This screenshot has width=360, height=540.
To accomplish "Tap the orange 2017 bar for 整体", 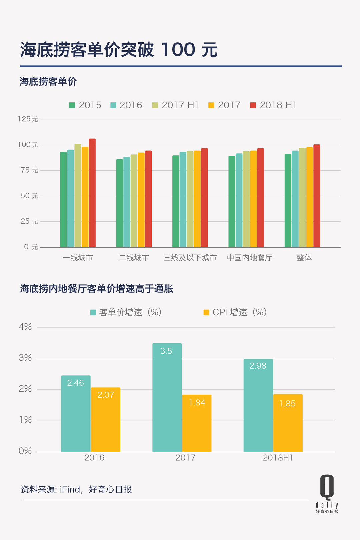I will coord(309,197).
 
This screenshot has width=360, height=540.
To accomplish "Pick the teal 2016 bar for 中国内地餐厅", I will coord(239,200).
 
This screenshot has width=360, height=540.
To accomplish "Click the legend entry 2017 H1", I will coord(176,105).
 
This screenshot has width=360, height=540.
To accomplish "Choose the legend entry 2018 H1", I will coord(273,105).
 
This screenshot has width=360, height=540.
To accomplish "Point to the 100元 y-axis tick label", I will coord(28,145).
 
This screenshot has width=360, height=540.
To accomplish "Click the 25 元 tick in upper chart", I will coord(29,221).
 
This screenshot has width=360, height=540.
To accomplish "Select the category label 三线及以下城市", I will coord(190,258).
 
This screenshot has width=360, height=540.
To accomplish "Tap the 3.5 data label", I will coord(166,351).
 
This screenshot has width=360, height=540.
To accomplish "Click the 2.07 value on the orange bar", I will coord(106,395).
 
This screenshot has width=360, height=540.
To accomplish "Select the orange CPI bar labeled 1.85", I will coord(288,423).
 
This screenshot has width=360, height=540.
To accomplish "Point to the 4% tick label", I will coord(25,327).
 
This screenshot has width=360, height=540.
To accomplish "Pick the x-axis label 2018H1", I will coord(278,458).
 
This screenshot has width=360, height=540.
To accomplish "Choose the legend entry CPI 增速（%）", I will coord(235,312).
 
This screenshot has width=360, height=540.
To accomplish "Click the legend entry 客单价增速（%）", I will coord(126,312).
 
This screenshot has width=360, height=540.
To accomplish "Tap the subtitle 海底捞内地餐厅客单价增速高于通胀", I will coord(96,289).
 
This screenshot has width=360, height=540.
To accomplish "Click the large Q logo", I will coord(327,487).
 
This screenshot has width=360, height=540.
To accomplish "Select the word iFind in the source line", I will coord(70,489).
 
